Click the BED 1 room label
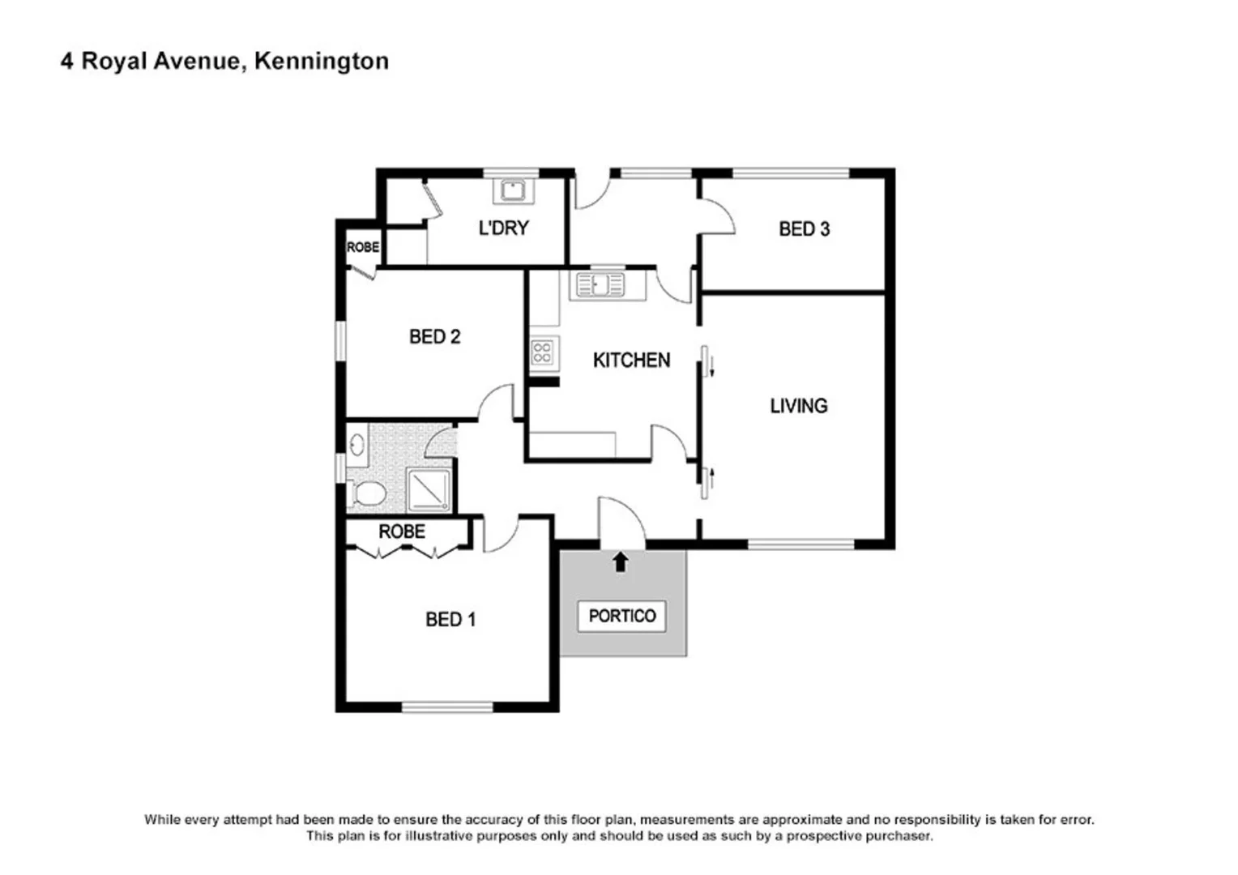pos(450,620)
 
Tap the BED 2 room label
pos(434,336)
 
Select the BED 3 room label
pos(804,229)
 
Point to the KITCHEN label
pos(631,360)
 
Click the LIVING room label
pos(798,406)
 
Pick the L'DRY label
pos(503,228)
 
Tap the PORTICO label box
pos(621,617)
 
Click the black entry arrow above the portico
pos(621,561)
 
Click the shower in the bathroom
pos(429,490)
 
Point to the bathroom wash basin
pos(357,444)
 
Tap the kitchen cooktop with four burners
pos(542,352)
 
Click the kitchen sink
pos(600,285)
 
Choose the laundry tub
pos(512,191)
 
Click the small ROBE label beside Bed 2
pos(362,247)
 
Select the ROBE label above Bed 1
pos(402,531)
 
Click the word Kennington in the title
pos(321,62)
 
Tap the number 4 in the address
pos(66,62)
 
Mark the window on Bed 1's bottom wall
pos(447,707)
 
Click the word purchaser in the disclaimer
pos(898,835)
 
